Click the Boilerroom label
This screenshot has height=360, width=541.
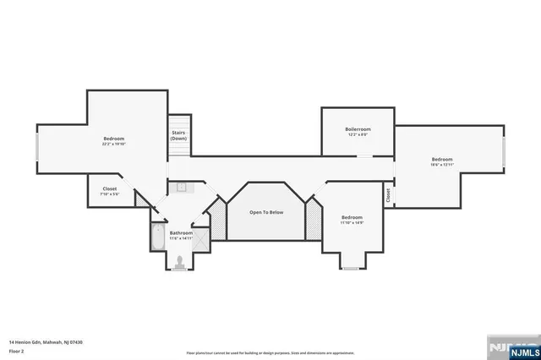[x=358, y=129]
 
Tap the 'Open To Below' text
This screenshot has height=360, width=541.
[x=266, y=212]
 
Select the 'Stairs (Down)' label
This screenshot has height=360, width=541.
[x=179, y=135]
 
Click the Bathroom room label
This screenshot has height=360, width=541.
[x=181, y=232]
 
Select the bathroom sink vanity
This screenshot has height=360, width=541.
[x=182, y=187]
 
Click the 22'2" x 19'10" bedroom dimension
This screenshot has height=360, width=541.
[x=114, y=144]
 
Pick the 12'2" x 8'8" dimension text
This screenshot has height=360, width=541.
[x=358, y=134]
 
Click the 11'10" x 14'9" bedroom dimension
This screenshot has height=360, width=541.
[x=352, y=222]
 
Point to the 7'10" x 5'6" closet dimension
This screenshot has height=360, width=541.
[x=110, y=194]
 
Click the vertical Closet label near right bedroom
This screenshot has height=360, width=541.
[x=388, y=195]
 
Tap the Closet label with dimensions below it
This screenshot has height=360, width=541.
[x=110, y=188]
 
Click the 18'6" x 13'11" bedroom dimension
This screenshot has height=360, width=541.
[x=441, y=165]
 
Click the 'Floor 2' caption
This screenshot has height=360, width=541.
[x=17, y=350]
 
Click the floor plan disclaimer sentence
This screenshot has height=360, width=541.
[x=270, y=353]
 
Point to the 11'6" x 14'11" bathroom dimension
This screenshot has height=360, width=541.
[x=181, y=238]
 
